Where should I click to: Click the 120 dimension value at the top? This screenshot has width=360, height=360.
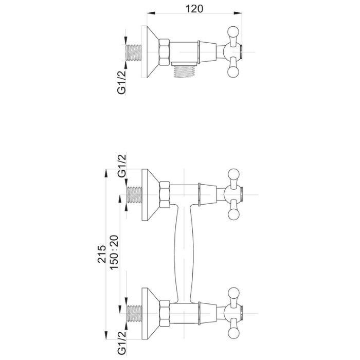coord(194,9)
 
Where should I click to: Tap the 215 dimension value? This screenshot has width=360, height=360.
coord(102,254)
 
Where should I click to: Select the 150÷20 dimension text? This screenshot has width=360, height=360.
coord(115,252)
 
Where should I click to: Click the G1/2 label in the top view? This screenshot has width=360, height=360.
coord(122,82)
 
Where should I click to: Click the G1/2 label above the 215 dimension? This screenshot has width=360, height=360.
coord(122,166)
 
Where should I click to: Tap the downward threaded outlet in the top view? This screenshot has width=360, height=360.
coord(185,71)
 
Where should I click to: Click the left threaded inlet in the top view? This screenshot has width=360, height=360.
coord(134,52)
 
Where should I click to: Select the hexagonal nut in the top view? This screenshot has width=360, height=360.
coord(165,52)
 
